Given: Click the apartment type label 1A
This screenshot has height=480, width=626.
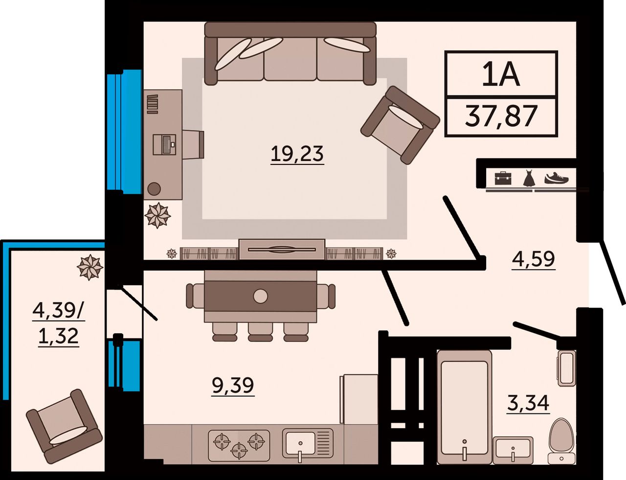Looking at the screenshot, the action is click(501, 74).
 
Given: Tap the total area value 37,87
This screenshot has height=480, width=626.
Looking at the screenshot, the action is click(501, 116).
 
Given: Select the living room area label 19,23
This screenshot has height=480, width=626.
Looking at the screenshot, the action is click(297, 154).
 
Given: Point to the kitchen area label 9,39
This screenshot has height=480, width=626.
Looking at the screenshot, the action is click(233, 385).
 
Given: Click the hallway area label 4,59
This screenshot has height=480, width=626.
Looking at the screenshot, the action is click(533, 259).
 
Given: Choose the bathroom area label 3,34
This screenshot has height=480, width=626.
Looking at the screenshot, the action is click(528, 403).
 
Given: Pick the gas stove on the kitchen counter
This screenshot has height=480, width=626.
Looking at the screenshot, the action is click(239, 445).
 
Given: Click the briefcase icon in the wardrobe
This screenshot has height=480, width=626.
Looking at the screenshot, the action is click(503, 178).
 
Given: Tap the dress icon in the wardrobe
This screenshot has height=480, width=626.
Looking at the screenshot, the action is click(529, 178).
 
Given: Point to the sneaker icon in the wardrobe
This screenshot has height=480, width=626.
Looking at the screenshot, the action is click(556, 178).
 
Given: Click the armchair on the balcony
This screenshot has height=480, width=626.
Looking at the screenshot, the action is click(64, 426).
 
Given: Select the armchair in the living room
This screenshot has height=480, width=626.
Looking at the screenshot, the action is click(400, 125).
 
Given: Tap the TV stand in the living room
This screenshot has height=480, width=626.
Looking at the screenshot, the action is click(282, 250).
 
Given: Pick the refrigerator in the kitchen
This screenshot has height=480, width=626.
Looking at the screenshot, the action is click(359, 399).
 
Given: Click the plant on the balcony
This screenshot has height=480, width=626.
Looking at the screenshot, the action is click(90, 267).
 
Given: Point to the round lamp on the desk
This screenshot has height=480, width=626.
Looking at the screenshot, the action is click(154, 189).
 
